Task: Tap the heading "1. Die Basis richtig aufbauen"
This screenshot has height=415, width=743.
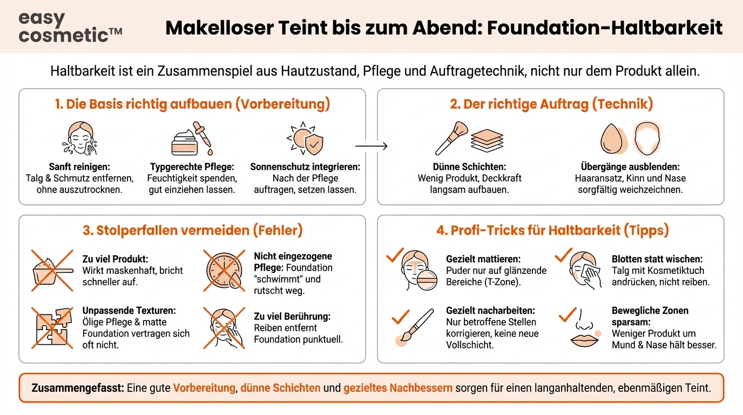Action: tap(192, 104)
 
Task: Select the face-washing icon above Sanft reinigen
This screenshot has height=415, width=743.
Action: tap(79, 138)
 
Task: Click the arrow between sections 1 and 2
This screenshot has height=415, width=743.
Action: tap(371, 146)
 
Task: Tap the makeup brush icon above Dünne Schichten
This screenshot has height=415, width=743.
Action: tap(452, 139)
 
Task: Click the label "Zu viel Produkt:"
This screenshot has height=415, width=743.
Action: tap(114, 259)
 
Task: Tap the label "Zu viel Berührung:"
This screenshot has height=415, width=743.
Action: tap(292, 316)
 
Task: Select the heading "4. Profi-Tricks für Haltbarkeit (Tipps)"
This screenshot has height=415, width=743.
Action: tap(552, 231)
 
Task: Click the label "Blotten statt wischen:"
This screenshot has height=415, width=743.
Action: tap(657, 259)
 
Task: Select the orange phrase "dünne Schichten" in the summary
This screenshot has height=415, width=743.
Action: tap(280, 388)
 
